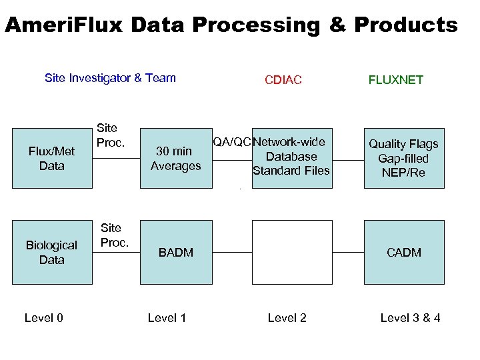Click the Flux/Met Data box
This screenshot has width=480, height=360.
(x=52, y=158)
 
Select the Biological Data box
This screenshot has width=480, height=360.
(x=52, y=252)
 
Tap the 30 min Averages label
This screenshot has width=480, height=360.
(x=175, y=158)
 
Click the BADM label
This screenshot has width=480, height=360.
(x=175, y=252)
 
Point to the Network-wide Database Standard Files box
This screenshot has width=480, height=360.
(x=291, y=158)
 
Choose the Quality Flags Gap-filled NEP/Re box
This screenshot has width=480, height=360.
(x=403, y=158)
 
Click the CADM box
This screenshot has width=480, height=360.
(x=403, y=252)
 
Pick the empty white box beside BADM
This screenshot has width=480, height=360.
(x=291, y=252)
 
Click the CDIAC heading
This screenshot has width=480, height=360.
(x=283, y=80)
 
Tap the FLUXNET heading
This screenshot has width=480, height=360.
(x=395, y=80)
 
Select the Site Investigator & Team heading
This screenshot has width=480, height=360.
(x=110, y=78)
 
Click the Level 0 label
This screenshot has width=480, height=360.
(x=43, y=318)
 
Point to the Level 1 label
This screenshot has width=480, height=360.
(x=167, y=318)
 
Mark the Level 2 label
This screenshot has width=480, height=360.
(x=287, y=318)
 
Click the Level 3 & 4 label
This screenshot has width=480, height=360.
(x=410, y=318)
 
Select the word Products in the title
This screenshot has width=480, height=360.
(x=406, y=25)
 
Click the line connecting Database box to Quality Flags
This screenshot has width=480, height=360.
(x=347, y=160)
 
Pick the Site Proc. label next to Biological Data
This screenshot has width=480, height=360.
(x=114, y=235)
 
